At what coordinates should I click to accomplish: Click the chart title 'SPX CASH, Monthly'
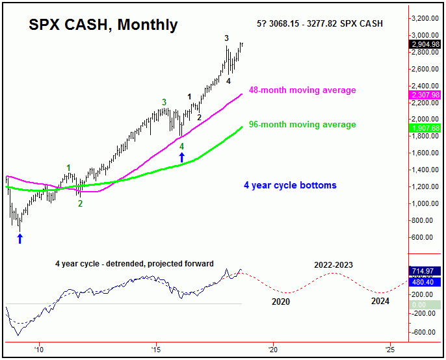[103, 25]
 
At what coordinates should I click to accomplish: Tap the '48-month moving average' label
[302, 90]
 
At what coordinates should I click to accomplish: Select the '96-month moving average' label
[302, 124]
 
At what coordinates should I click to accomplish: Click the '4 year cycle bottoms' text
[290, 185]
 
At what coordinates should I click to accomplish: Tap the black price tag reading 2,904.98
[426, 44]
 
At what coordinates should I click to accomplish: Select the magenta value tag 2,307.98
[426, 95]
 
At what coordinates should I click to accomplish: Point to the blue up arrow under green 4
[182, 157]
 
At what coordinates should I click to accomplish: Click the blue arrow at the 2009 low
[20, 238]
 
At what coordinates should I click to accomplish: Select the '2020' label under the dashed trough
[282, 302]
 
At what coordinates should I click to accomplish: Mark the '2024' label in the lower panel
[380, 302]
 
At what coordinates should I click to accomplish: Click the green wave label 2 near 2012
[81, 203]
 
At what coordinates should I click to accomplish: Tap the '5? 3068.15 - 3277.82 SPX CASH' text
[320, 24]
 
